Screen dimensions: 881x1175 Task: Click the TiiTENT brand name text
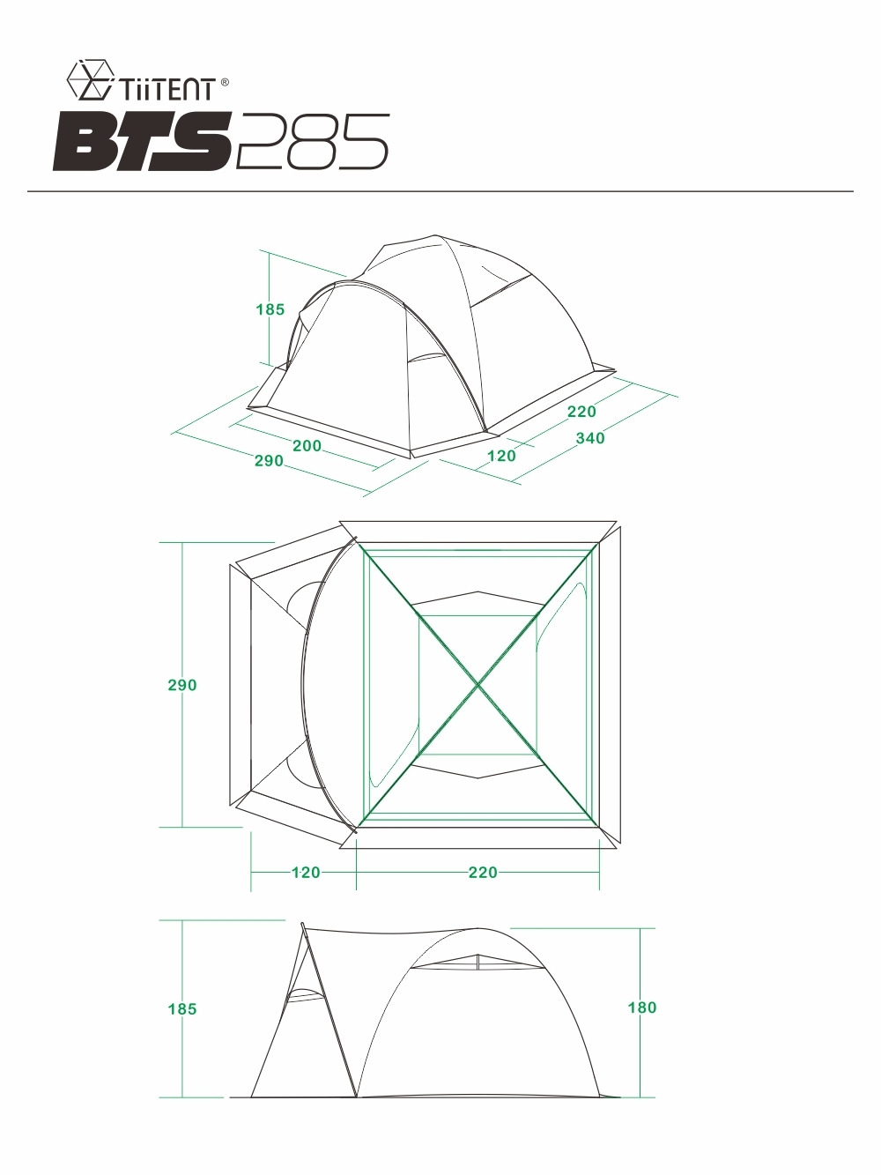[x=167, y=89]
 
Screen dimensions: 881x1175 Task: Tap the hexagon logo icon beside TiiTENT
[x=91, y=79]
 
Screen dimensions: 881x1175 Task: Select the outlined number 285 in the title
[x=311, y=142]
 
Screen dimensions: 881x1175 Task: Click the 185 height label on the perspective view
[x=270, y=309]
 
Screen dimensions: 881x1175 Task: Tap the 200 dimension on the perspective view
[x=307, y=446]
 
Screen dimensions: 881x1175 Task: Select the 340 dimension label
[x=590, y=438]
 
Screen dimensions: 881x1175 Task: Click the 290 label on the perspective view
[x=269, y=460]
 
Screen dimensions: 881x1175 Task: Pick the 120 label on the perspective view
[x=502, y=456]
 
